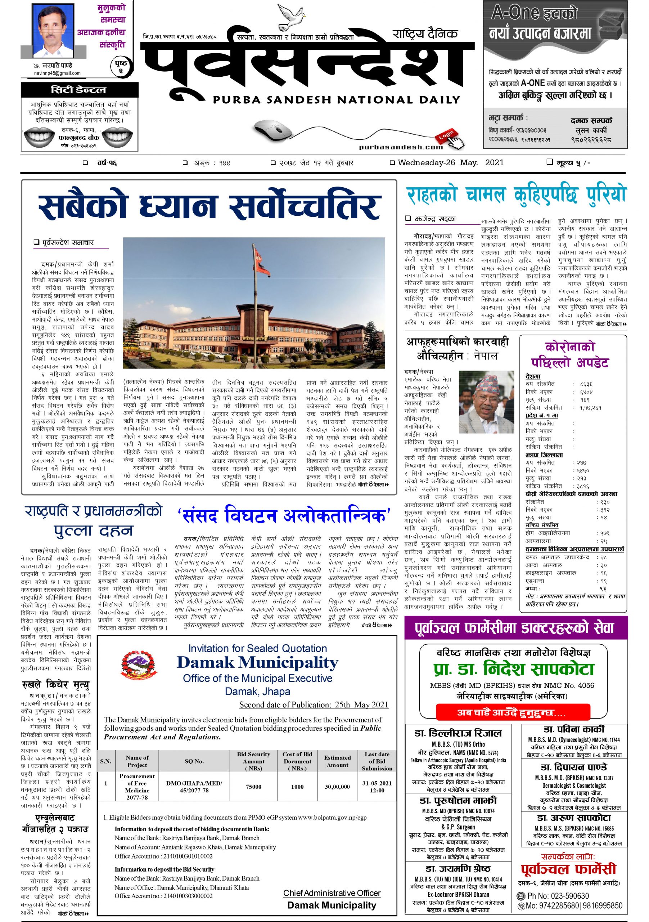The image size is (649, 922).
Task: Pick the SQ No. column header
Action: pyautogui.click(x=194, y=761)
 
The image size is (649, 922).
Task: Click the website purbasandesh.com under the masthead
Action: pyautogui.click(x=401, y=147)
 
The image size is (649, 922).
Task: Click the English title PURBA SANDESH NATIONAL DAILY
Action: pyautogui.click(x=336, y=100)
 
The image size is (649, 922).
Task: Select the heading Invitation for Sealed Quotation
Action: pyautogui.click(x=257, y=648)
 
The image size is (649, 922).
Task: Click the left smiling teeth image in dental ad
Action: pyautogui.click(x=39, y=136)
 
